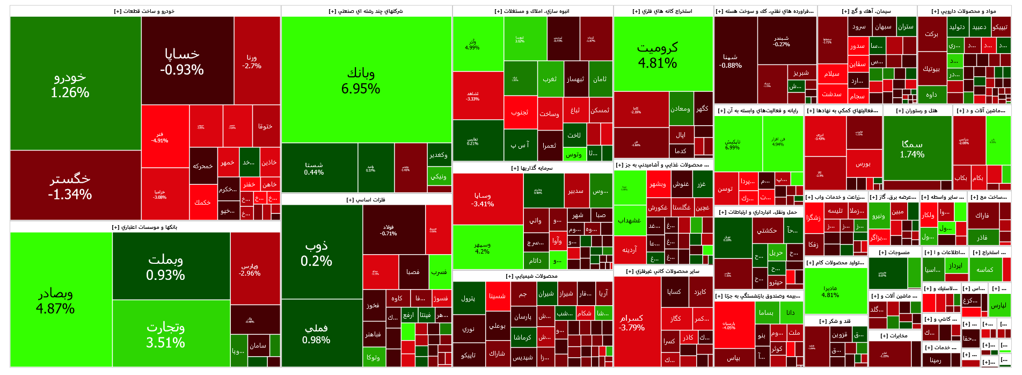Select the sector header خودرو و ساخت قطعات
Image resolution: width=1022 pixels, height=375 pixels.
click(x=144, y=11)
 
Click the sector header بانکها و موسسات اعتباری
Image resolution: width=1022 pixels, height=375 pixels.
click(x=144, y=227)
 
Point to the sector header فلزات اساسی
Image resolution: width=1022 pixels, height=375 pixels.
click(x=366, y=200)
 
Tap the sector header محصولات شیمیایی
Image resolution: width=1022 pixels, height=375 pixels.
click(x=532, y=276)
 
